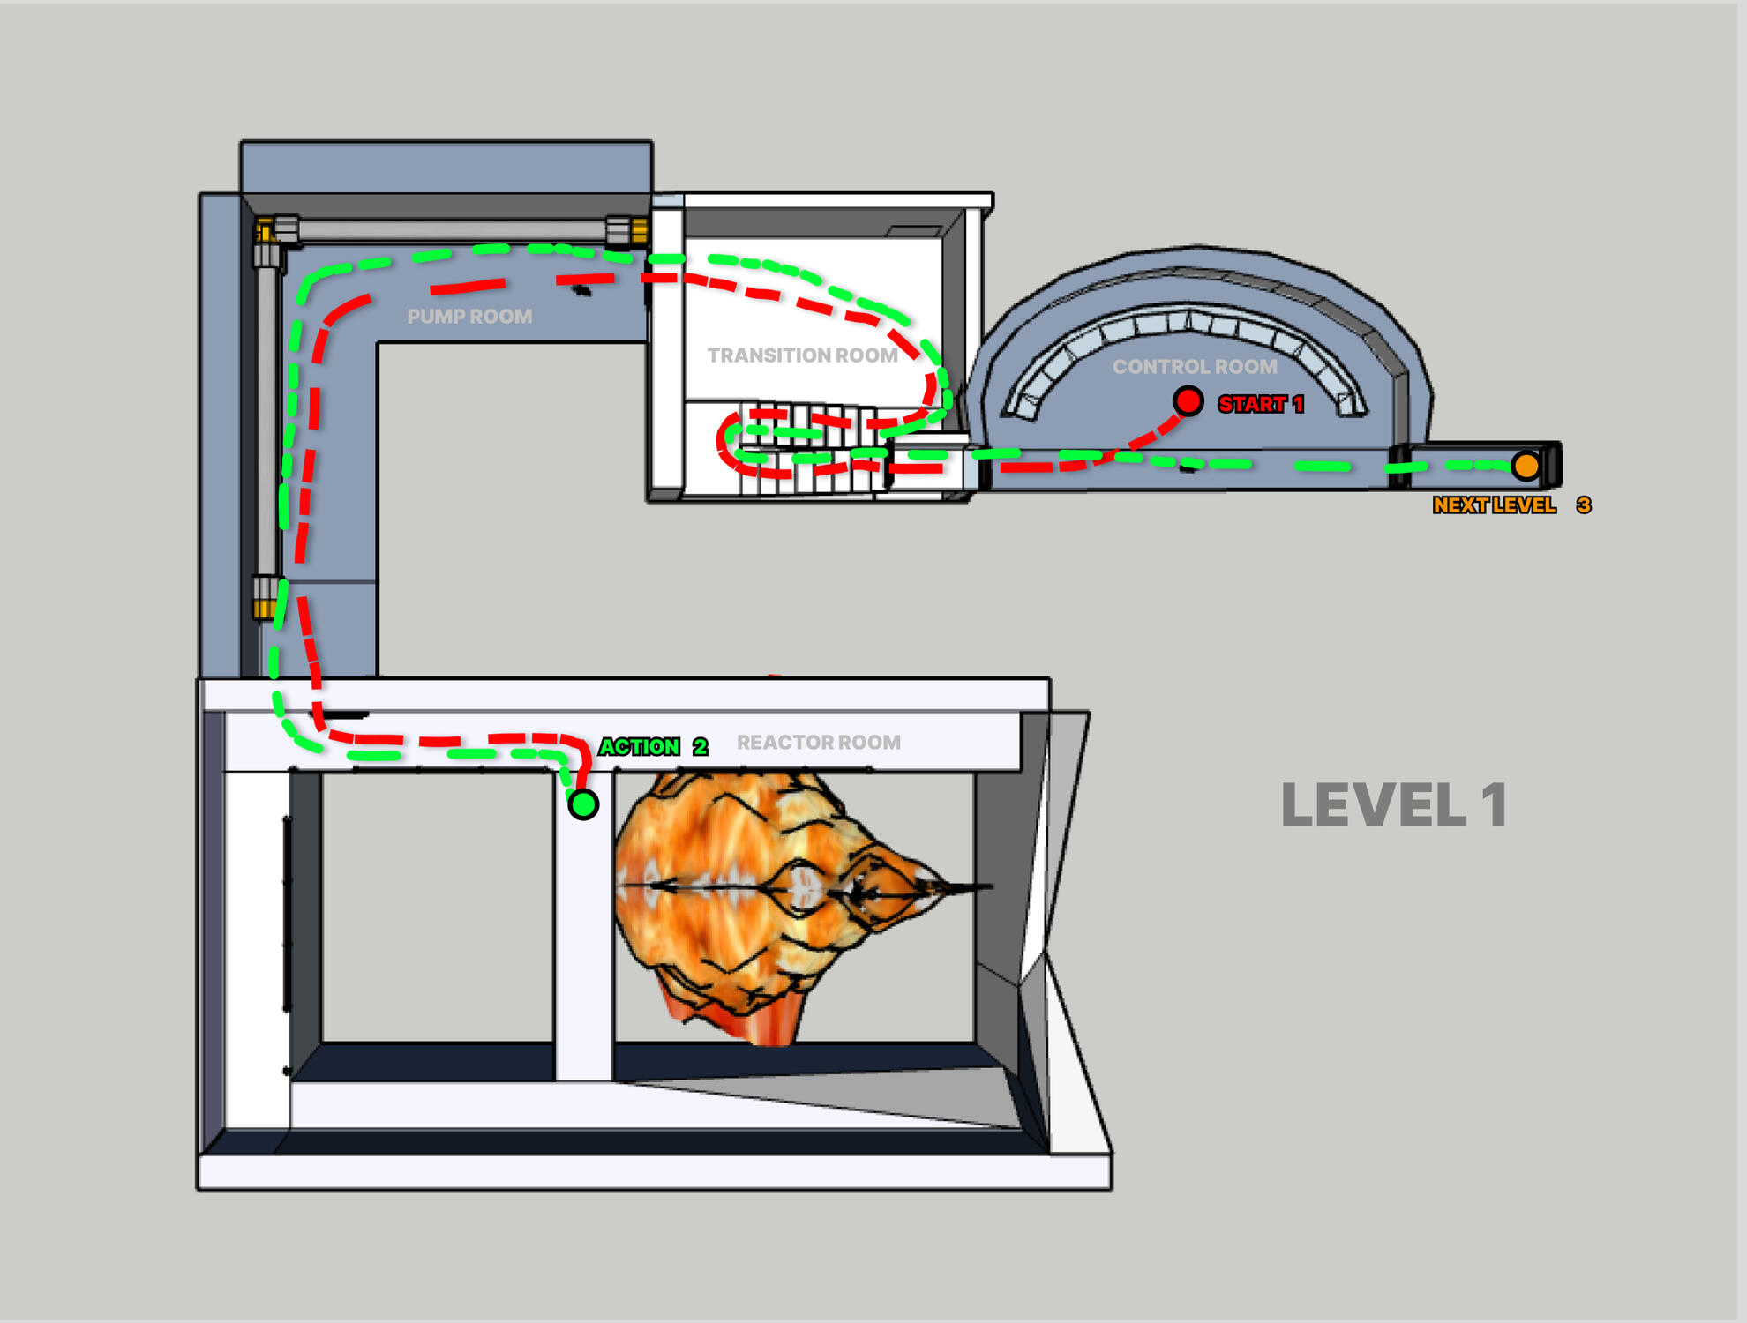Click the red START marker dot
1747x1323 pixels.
coord(1188,401)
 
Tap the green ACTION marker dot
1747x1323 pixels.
coord(583,804)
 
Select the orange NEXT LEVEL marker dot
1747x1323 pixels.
coord(1526,466)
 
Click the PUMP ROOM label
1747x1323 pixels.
coord(469,317)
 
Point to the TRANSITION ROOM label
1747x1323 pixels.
coord(802,355)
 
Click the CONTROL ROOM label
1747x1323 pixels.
coord(1195,367)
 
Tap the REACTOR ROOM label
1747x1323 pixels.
coord(819,743)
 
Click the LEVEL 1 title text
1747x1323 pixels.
coord(1394,805)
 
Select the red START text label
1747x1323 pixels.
coord(1251,405)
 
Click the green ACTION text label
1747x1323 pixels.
coord(640,747)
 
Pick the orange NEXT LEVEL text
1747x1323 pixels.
coord(1494,505)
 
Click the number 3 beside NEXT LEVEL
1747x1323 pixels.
coord(1584,505)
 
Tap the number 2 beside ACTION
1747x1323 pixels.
coord(701,747)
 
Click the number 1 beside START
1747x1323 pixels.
coord(1298,405)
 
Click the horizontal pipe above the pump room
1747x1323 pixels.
coord(450,230)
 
